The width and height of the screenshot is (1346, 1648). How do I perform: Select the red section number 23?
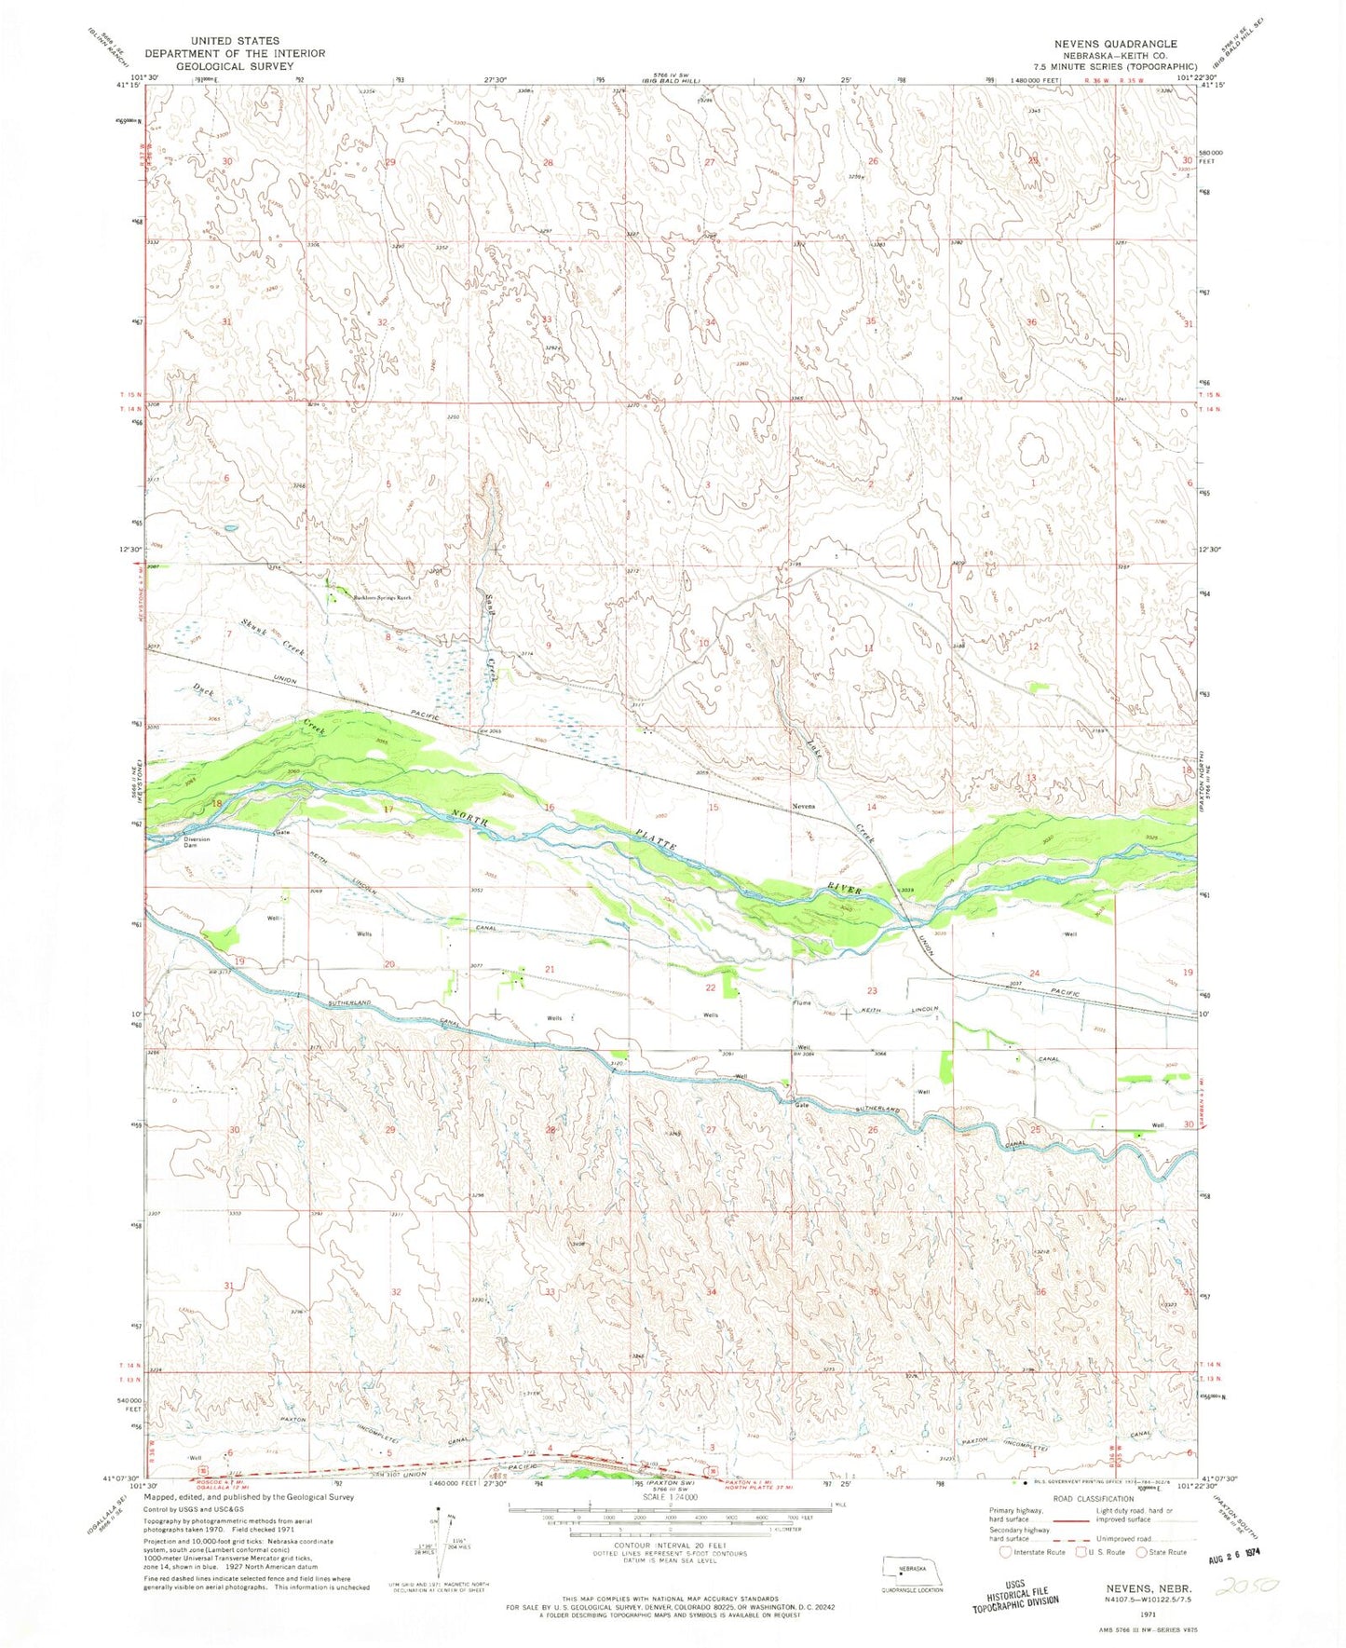pyautogui.click(x=873, y=990)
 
